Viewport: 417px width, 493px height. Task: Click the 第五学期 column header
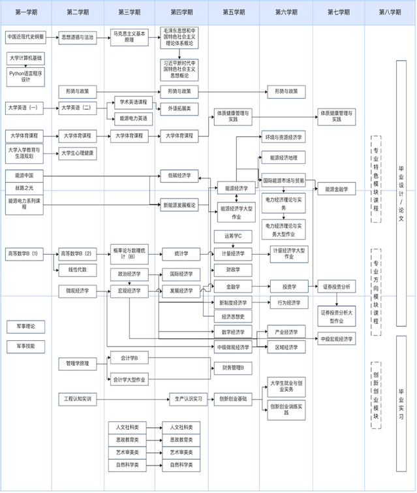[x=233, y=12]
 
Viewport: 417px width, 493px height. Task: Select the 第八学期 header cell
[x=390, y=12]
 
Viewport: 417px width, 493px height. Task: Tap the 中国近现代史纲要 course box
[x=25, y=37]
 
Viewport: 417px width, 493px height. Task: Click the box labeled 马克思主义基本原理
[x=128, y=37]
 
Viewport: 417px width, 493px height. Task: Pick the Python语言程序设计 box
[x=25, y=76]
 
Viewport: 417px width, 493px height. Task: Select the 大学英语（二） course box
[x=77, y=107]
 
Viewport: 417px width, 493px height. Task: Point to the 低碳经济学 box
[x=179, y=175]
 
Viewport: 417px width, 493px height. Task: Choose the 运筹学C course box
[x=233, y=235]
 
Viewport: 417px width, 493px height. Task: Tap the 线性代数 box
[x=77, y=269]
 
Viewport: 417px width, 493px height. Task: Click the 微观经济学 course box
[x=77, y=289]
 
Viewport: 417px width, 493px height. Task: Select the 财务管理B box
[x=233, y=368]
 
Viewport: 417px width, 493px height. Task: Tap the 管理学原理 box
[x=77, y=362]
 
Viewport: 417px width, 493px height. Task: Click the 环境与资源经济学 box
[x=284, y=138]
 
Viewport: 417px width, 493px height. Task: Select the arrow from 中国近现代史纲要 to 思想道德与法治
[x=52, y=37]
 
